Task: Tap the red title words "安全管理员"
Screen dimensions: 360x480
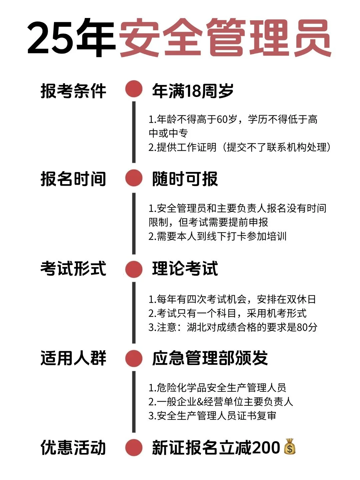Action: click(x=225, y=37)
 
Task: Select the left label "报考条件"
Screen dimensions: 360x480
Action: click(x=73, y=91)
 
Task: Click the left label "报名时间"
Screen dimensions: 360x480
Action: click(x=73, y=179)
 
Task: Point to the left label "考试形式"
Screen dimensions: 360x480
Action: click(x=73, y=269)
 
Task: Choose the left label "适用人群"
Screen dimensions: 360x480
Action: click(x=73, y=358)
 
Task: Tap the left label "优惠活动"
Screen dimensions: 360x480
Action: click(x=73, y=447)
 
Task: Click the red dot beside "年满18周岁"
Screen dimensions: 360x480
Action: click(x=134, y=89)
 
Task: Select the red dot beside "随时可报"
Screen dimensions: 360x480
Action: click(x=134, y=178)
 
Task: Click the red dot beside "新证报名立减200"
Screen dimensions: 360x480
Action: click(x=134, y=448)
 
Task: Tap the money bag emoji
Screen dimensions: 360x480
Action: click(x=290, y=447)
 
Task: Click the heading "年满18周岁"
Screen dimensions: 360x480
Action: click(x=193, y=91)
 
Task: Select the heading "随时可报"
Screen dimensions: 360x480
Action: click(x=185, y=179)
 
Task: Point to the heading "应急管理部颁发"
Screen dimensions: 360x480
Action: click(x=210, y=358)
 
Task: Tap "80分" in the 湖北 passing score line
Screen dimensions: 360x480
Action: click(x=307, y=327)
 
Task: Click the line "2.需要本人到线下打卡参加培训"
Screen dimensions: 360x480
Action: click(x=217, y=236)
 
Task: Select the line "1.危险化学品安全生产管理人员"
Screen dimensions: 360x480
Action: click(x=217, y=388)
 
